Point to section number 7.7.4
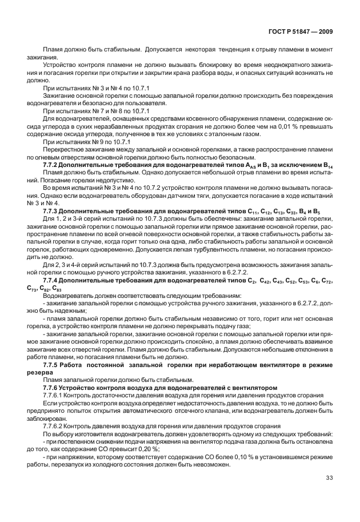point(53,281)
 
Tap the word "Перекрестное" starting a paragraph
point(63,149)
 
